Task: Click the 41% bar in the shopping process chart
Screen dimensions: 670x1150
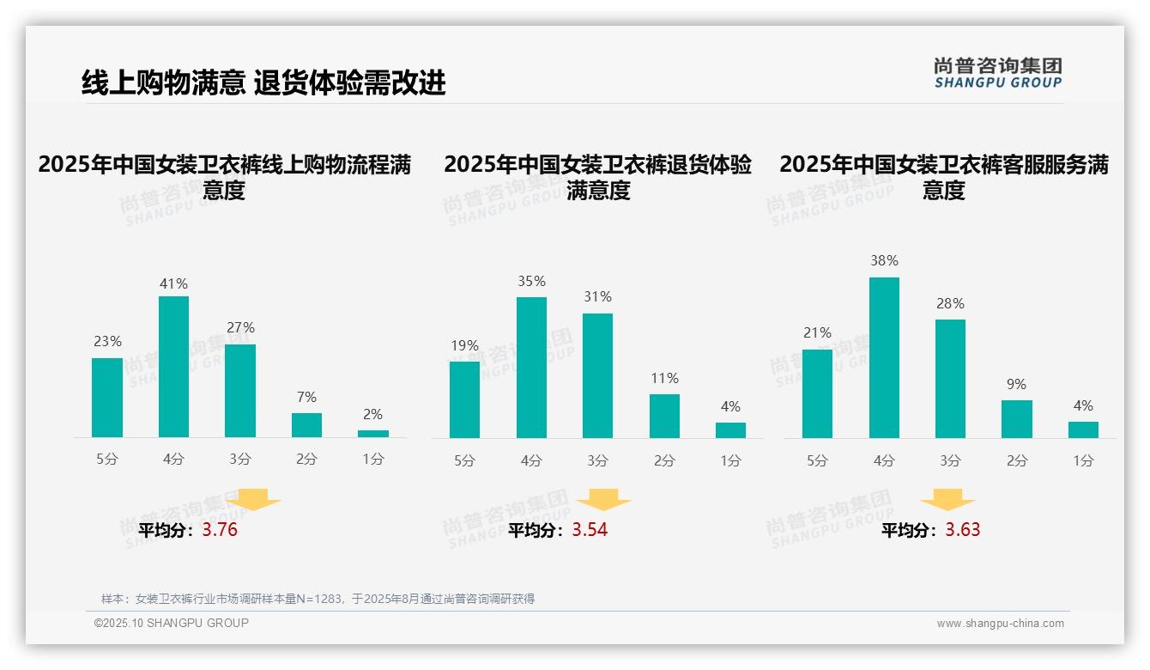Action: coord(173,367)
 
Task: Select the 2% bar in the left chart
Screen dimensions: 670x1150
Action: coord(373,434)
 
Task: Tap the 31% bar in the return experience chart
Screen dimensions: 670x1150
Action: coord(597,375)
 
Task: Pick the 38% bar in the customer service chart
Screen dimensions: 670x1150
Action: coord(884,357)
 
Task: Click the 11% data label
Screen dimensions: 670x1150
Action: coord(664,378)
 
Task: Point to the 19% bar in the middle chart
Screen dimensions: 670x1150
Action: coord(464,399)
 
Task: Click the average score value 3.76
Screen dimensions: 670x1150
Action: coord(220,530)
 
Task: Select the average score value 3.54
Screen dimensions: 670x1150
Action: coord(590,530)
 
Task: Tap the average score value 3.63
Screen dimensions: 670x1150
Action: coord(963,530)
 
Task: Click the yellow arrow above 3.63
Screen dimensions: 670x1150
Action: coord(947,500)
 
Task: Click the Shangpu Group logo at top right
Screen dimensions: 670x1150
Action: coord(997,73)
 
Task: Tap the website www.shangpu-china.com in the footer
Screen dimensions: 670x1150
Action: coord(1000,624)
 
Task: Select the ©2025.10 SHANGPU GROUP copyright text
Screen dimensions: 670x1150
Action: coord(172,623)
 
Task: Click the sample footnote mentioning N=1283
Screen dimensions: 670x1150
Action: coord(318,599)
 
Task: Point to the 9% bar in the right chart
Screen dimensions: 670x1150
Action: coord(1016,419)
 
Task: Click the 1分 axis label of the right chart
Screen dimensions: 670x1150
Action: coord(1083,461)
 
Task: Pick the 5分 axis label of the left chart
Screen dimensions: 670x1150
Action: coord(107,460)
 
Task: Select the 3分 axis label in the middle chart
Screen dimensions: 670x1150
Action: coord(597,461)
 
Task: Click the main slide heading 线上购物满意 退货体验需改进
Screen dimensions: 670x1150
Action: coord(263,83)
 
